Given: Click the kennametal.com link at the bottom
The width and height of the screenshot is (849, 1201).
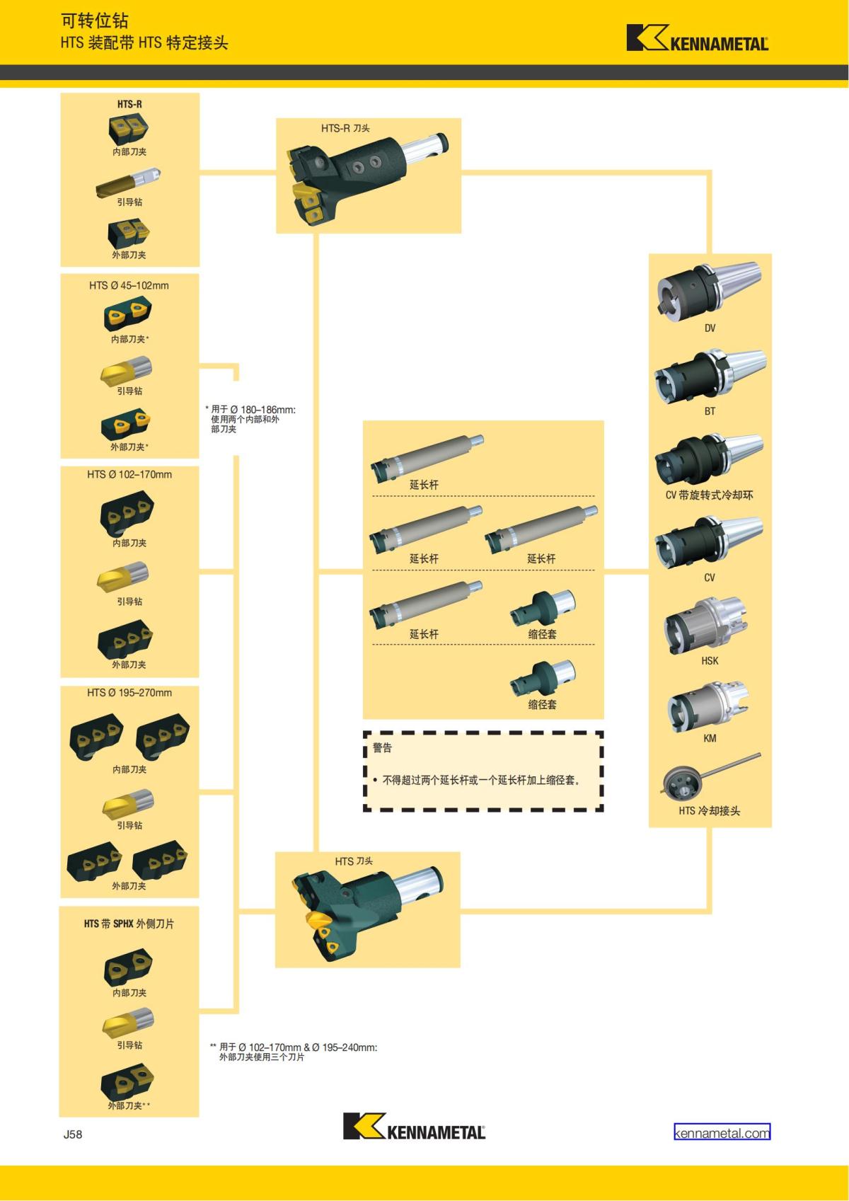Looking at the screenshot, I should (722, 1132).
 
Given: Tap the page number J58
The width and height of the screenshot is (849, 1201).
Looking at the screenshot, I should (73, 1134).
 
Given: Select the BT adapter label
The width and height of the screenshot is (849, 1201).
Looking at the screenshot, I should (710, 411).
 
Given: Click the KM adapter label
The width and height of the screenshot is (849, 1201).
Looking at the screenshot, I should (710, 738).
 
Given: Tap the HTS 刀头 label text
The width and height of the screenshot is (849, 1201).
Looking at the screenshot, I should (354, 861).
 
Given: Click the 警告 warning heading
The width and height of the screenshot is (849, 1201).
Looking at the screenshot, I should (382, 747).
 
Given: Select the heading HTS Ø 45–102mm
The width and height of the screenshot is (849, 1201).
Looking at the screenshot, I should (129, 286).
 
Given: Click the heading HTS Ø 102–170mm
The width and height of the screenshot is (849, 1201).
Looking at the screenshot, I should (129, 474).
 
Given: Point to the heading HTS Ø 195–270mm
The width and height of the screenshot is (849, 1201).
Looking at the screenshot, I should (129, 693).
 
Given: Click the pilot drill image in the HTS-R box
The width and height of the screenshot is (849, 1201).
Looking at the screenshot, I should (129, 181).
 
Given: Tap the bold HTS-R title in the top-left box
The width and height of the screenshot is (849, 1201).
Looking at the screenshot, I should (129, 104).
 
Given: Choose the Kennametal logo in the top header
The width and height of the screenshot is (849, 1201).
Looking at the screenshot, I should (697, 39).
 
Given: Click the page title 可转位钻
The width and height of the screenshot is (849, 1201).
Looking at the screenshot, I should (94, 21).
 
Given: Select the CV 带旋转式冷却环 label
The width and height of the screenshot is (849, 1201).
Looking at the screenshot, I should (709, 495).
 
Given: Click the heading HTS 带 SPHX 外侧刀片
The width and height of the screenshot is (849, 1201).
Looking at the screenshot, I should (129, 924).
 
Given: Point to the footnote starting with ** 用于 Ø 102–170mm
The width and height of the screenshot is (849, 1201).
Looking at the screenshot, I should (294, 1052).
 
